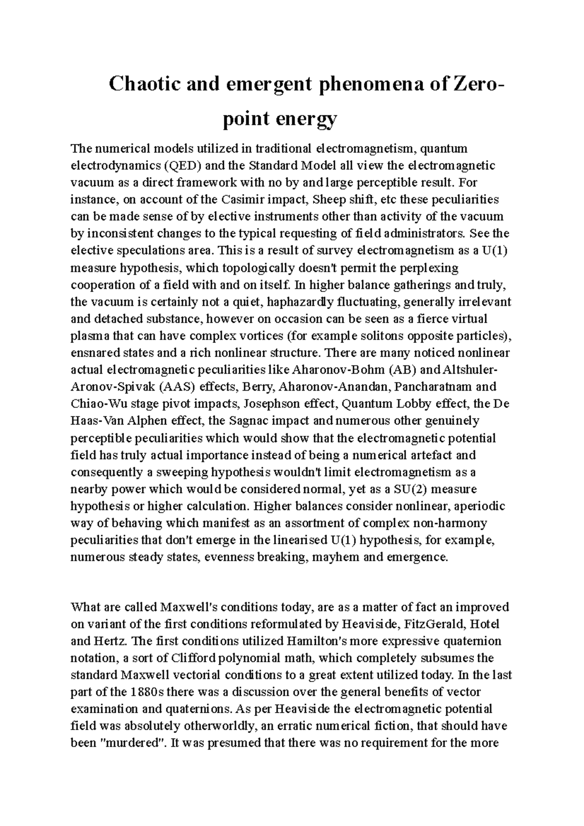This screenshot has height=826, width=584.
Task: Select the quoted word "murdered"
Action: click(x=131, y=743)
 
